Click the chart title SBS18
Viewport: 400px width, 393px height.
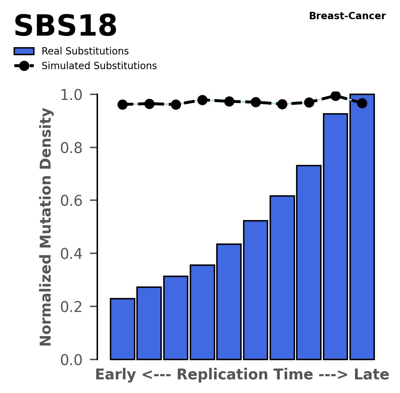point(65,26)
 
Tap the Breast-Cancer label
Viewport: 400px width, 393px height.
point(347,16)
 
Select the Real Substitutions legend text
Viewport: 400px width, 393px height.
point(85,51)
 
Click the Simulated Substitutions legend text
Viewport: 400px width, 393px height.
point(99,66)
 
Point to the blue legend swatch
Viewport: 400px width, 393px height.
point(24,51)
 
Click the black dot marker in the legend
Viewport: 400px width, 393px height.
point(24,66)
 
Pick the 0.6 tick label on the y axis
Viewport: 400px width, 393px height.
point(74,201)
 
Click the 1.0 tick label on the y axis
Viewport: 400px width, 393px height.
point(74,95)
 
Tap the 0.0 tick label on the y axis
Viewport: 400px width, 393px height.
point(74,360)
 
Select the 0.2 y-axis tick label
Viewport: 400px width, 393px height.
point(74,307)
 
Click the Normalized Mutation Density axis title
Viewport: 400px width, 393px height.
point(46,227)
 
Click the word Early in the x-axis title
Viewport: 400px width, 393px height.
point(115,375)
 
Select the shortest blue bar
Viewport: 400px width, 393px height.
point(122,329)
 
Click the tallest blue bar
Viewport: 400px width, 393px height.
point(362,227)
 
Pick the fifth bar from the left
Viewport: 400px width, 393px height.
point(229,301)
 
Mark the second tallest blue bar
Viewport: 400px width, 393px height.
point(335,236)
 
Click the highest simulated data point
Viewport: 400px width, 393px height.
point(335,96)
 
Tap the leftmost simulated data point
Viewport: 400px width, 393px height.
point(122,104)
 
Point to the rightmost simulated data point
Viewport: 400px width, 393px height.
point(362,103)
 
